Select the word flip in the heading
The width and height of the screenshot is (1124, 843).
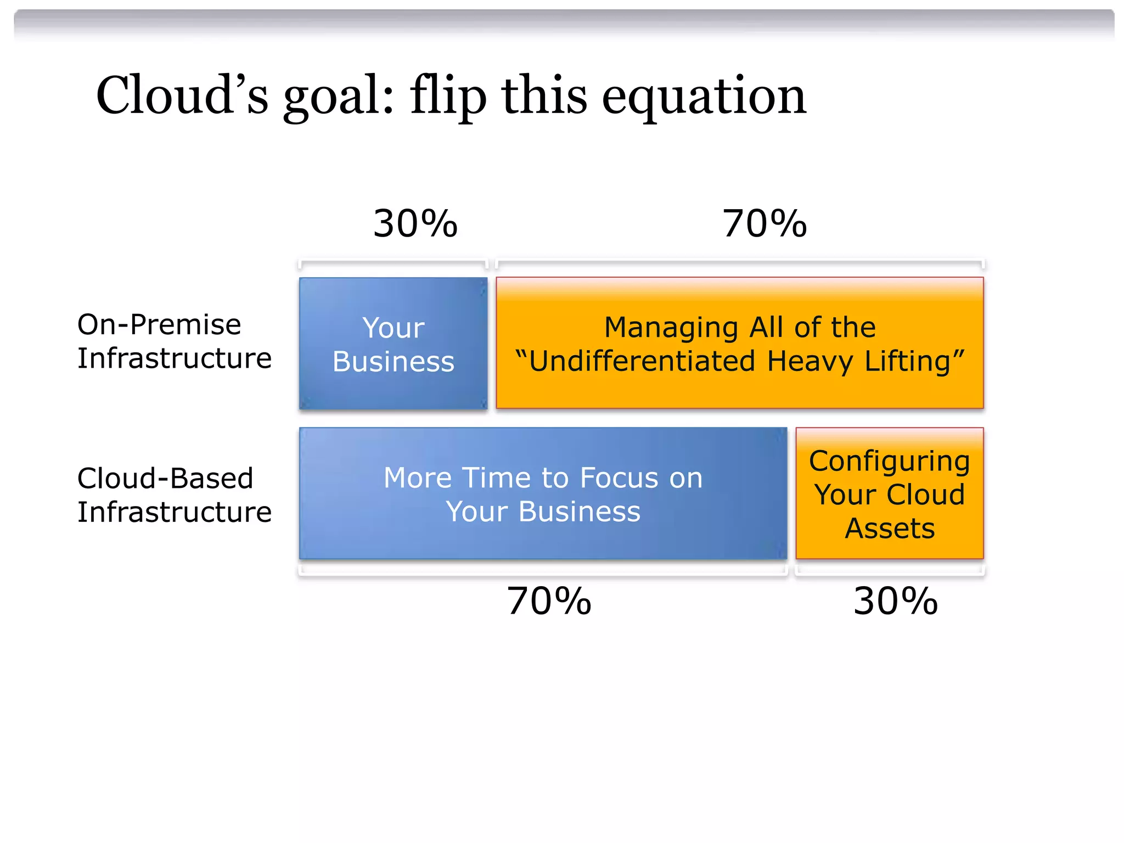coord(448,96)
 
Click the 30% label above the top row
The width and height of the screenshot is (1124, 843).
coord(415,224)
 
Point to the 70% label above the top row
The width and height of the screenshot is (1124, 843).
coord(765,224)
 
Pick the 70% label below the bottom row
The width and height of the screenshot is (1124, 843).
coord(549,601)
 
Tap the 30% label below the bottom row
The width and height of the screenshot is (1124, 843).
coord(896,601)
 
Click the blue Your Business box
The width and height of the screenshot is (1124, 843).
coord(393,344)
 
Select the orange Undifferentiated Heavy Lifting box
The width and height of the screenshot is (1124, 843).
coord(739,344)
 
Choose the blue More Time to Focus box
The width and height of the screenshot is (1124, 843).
coord(543,493)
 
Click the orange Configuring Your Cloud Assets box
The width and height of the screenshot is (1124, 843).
coord(889,493)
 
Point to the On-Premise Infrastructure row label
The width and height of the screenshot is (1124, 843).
coord(174,341)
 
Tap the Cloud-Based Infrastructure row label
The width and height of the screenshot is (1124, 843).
coord(174,495)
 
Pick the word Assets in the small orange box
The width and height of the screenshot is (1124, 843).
coord(890,529)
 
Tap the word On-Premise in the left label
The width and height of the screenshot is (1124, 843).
coord(159,325)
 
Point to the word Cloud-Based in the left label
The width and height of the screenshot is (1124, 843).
coord(165,479)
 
